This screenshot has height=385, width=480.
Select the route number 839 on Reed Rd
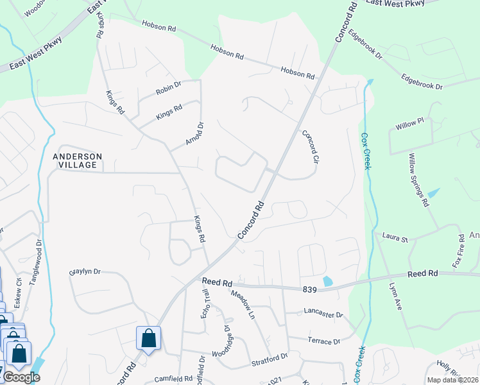311,290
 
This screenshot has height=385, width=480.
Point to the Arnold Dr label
194,133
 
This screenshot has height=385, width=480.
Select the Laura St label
395,239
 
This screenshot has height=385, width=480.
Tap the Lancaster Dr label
323,315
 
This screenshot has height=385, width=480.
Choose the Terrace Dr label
323,341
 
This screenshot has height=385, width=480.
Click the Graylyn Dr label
85,271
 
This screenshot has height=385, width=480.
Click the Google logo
21,377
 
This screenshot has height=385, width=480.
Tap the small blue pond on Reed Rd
329,281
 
